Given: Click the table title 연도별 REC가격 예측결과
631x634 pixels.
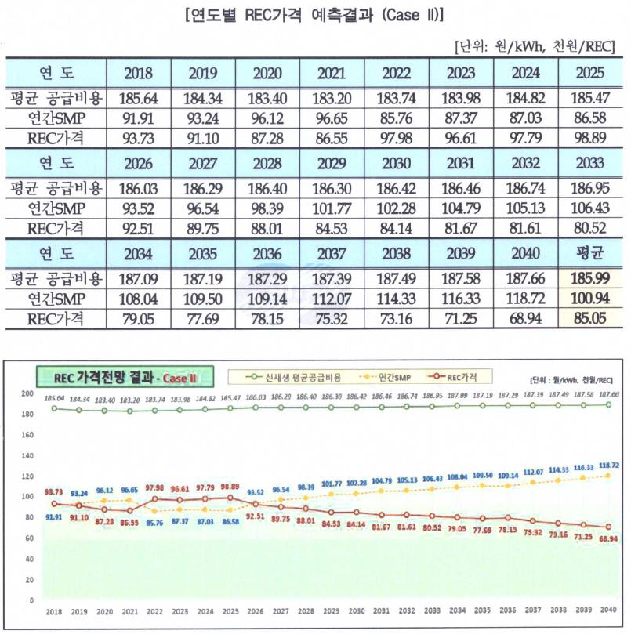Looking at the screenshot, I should coord(314,16).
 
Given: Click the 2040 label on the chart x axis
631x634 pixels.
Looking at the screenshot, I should coord(605,610).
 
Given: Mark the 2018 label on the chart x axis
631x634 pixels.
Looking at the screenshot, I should coord(54,610).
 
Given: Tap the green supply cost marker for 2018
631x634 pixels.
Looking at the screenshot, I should coord(54,408).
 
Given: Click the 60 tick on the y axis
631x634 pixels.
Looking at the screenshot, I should coord(30,538).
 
